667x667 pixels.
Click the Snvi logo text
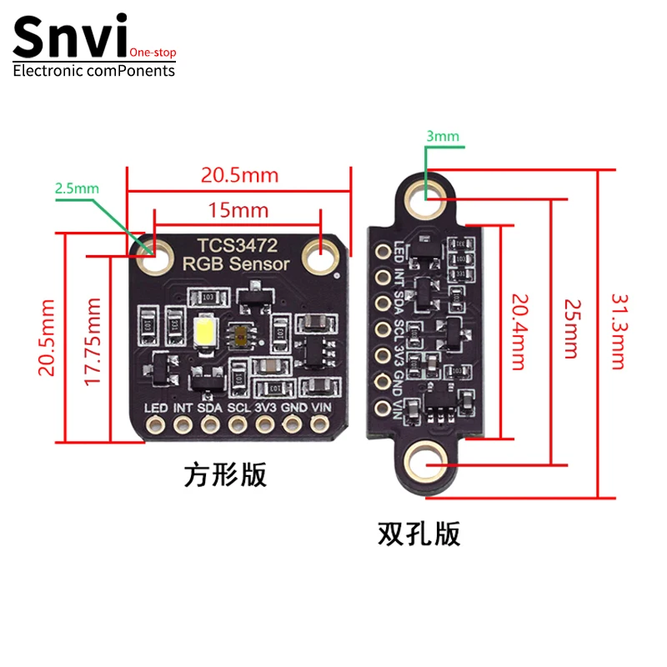click(71, 38)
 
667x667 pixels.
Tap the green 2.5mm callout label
click(76, 188)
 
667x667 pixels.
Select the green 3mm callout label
click(441, 136)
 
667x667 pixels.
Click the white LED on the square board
click(205, 333)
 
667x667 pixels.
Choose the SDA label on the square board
click(210, 409)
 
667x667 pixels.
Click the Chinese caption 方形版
click(225, 475)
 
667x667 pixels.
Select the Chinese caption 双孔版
click(419, 533)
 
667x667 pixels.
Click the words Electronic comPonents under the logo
click(94, 71)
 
